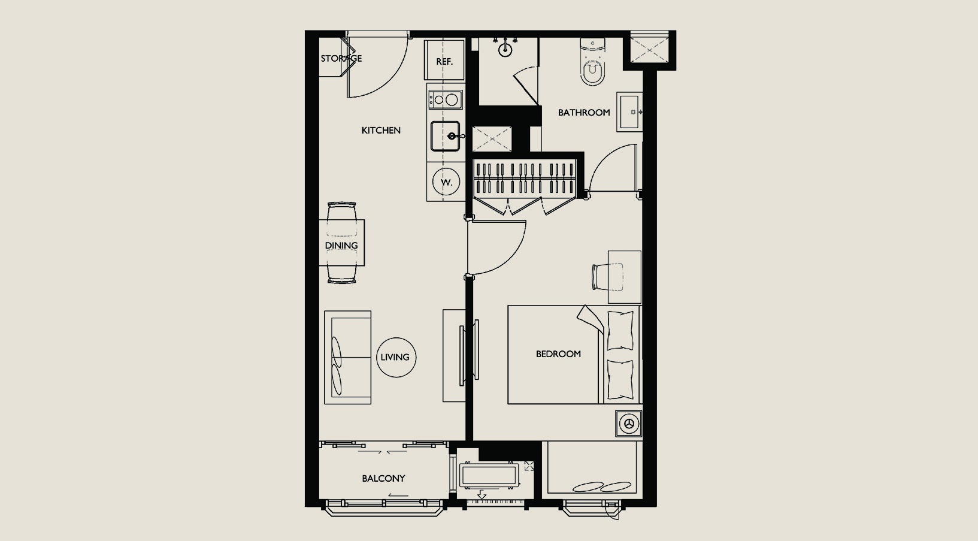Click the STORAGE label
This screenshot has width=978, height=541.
click(341, 58)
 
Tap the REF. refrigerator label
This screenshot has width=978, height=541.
click(444, 62)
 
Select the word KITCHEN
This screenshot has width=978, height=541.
click(381, 130)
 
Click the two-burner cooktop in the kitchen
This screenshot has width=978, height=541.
click(446, 100)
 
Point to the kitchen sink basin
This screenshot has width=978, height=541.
click(446, 136)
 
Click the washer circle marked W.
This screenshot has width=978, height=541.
click(446, 182)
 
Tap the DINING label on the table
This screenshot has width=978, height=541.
click(341, 246)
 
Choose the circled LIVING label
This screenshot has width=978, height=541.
click(396, 357)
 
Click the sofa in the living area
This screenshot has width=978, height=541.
click(347, 357)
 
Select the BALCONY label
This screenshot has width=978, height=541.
click(383, 478)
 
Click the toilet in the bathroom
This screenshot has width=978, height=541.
click(593, 62)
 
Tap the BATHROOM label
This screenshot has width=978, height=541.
click(584, 112)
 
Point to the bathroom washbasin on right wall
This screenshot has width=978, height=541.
click(629, 112)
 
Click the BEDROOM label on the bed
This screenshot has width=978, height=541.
click(558, 353)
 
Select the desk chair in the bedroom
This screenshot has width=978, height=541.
click(607, 277)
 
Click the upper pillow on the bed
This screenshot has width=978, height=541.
click(620, 330)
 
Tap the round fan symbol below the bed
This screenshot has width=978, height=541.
click(629, 423)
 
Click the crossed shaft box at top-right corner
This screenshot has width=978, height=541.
click(650, 50)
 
